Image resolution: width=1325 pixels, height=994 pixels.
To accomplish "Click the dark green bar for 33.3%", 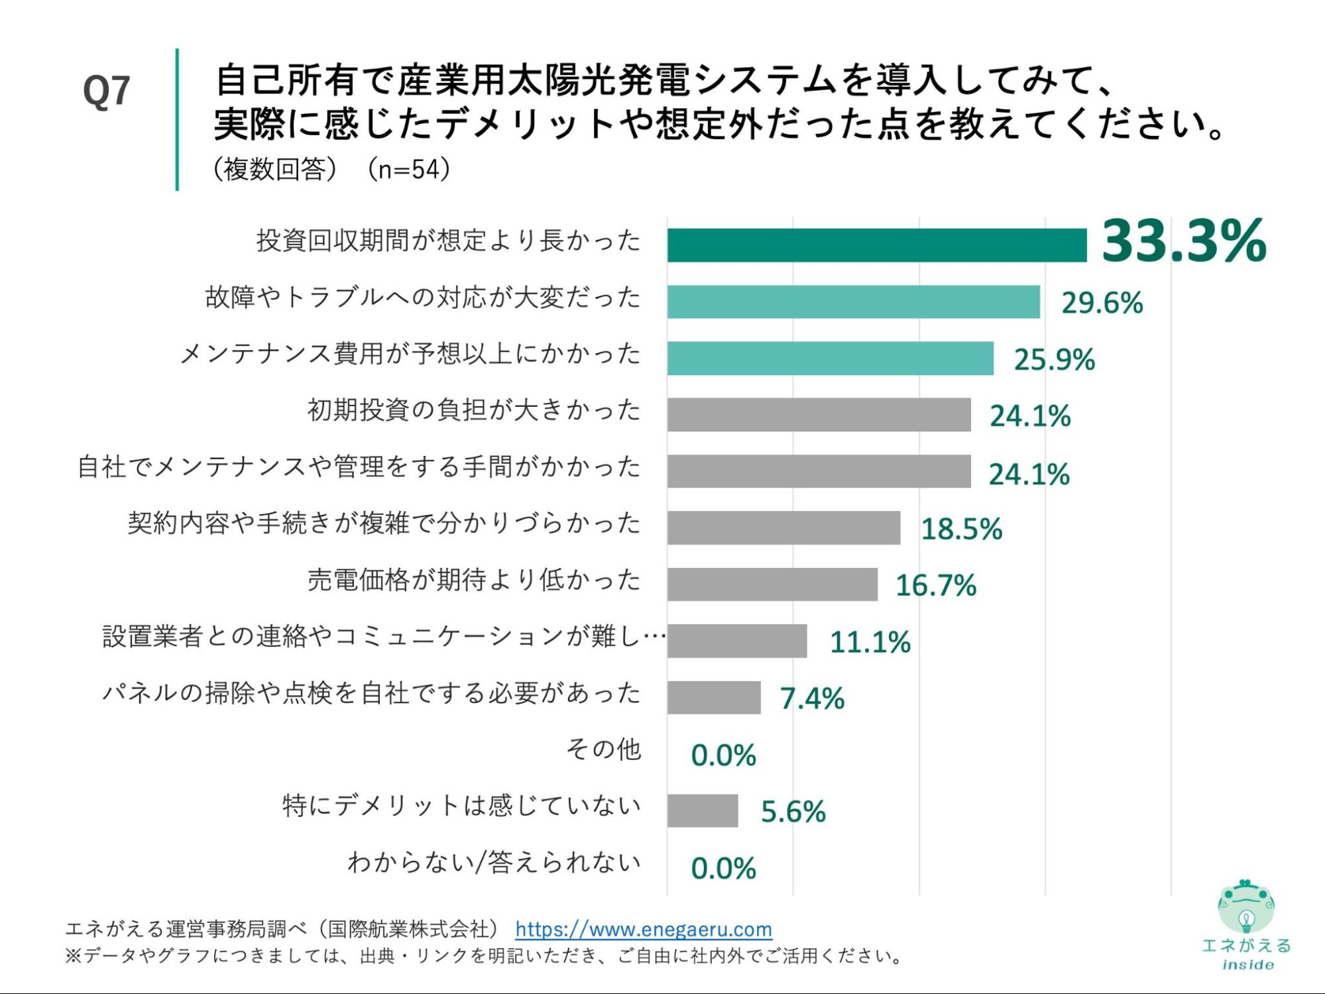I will (876, 245).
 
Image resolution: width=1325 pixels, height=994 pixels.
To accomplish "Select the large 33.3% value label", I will (1184, 241).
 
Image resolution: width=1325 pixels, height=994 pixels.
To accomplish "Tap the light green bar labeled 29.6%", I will (853, 302).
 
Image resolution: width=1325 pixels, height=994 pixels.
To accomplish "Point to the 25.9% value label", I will (1054, 360).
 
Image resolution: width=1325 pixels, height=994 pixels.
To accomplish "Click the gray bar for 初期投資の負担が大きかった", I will (819, 415).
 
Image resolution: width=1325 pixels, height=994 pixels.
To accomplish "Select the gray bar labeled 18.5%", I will (783, 527).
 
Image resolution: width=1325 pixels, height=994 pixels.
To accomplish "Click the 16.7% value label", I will (936, 585).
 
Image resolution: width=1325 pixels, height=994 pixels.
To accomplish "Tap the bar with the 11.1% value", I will (737, 641).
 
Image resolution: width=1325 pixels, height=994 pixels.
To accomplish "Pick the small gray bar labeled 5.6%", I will (703, 810).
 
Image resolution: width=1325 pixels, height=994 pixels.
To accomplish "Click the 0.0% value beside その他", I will (723, 755).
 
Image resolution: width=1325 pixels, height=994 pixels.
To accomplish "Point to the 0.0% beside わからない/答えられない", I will (723, 868).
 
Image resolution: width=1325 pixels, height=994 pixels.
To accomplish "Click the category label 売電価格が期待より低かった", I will (474, 580).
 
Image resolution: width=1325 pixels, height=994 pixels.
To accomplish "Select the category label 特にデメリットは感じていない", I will (461, 806).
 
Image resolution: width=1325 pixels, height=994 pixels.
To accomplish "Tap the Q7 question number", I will (106, 91).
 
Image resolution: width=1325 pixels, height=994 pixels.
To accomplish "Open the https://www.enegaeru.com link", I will (644, 929).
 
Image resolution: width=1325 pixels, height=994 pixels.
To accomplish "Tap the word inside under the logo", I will (1247, 965).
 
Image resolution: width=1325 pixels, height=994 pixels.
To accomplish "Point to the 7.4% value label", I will (812, 698).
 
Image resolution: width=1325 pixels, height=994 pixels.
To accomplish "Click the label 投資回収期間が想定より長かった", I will (449, 241).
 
